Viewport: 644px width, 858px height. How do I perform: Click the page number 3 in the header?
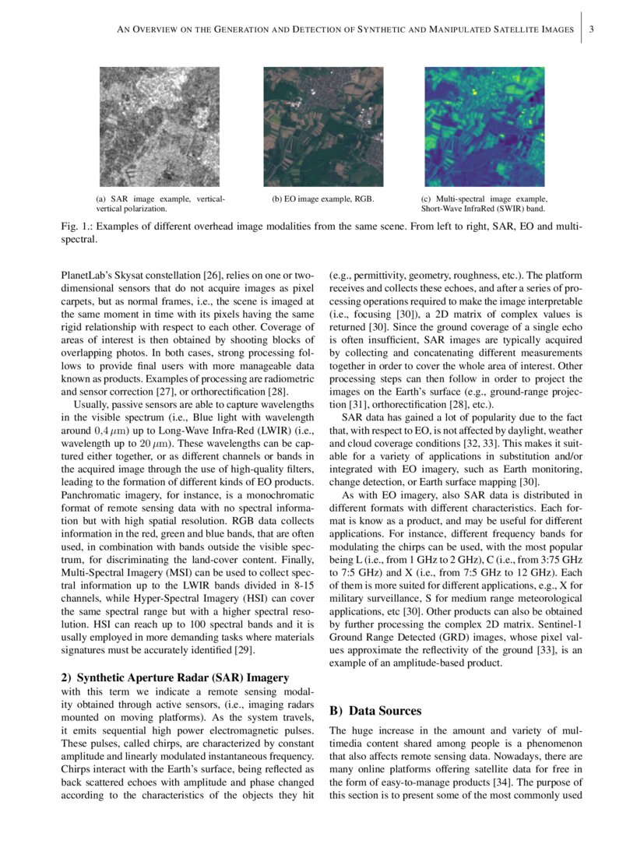tap(593, 30)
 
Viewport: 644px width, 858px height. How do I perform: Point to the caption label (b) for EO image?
tap(277, 199)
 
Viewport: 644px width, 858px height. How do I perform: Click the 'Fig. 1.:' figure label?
tap(76, 227)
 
